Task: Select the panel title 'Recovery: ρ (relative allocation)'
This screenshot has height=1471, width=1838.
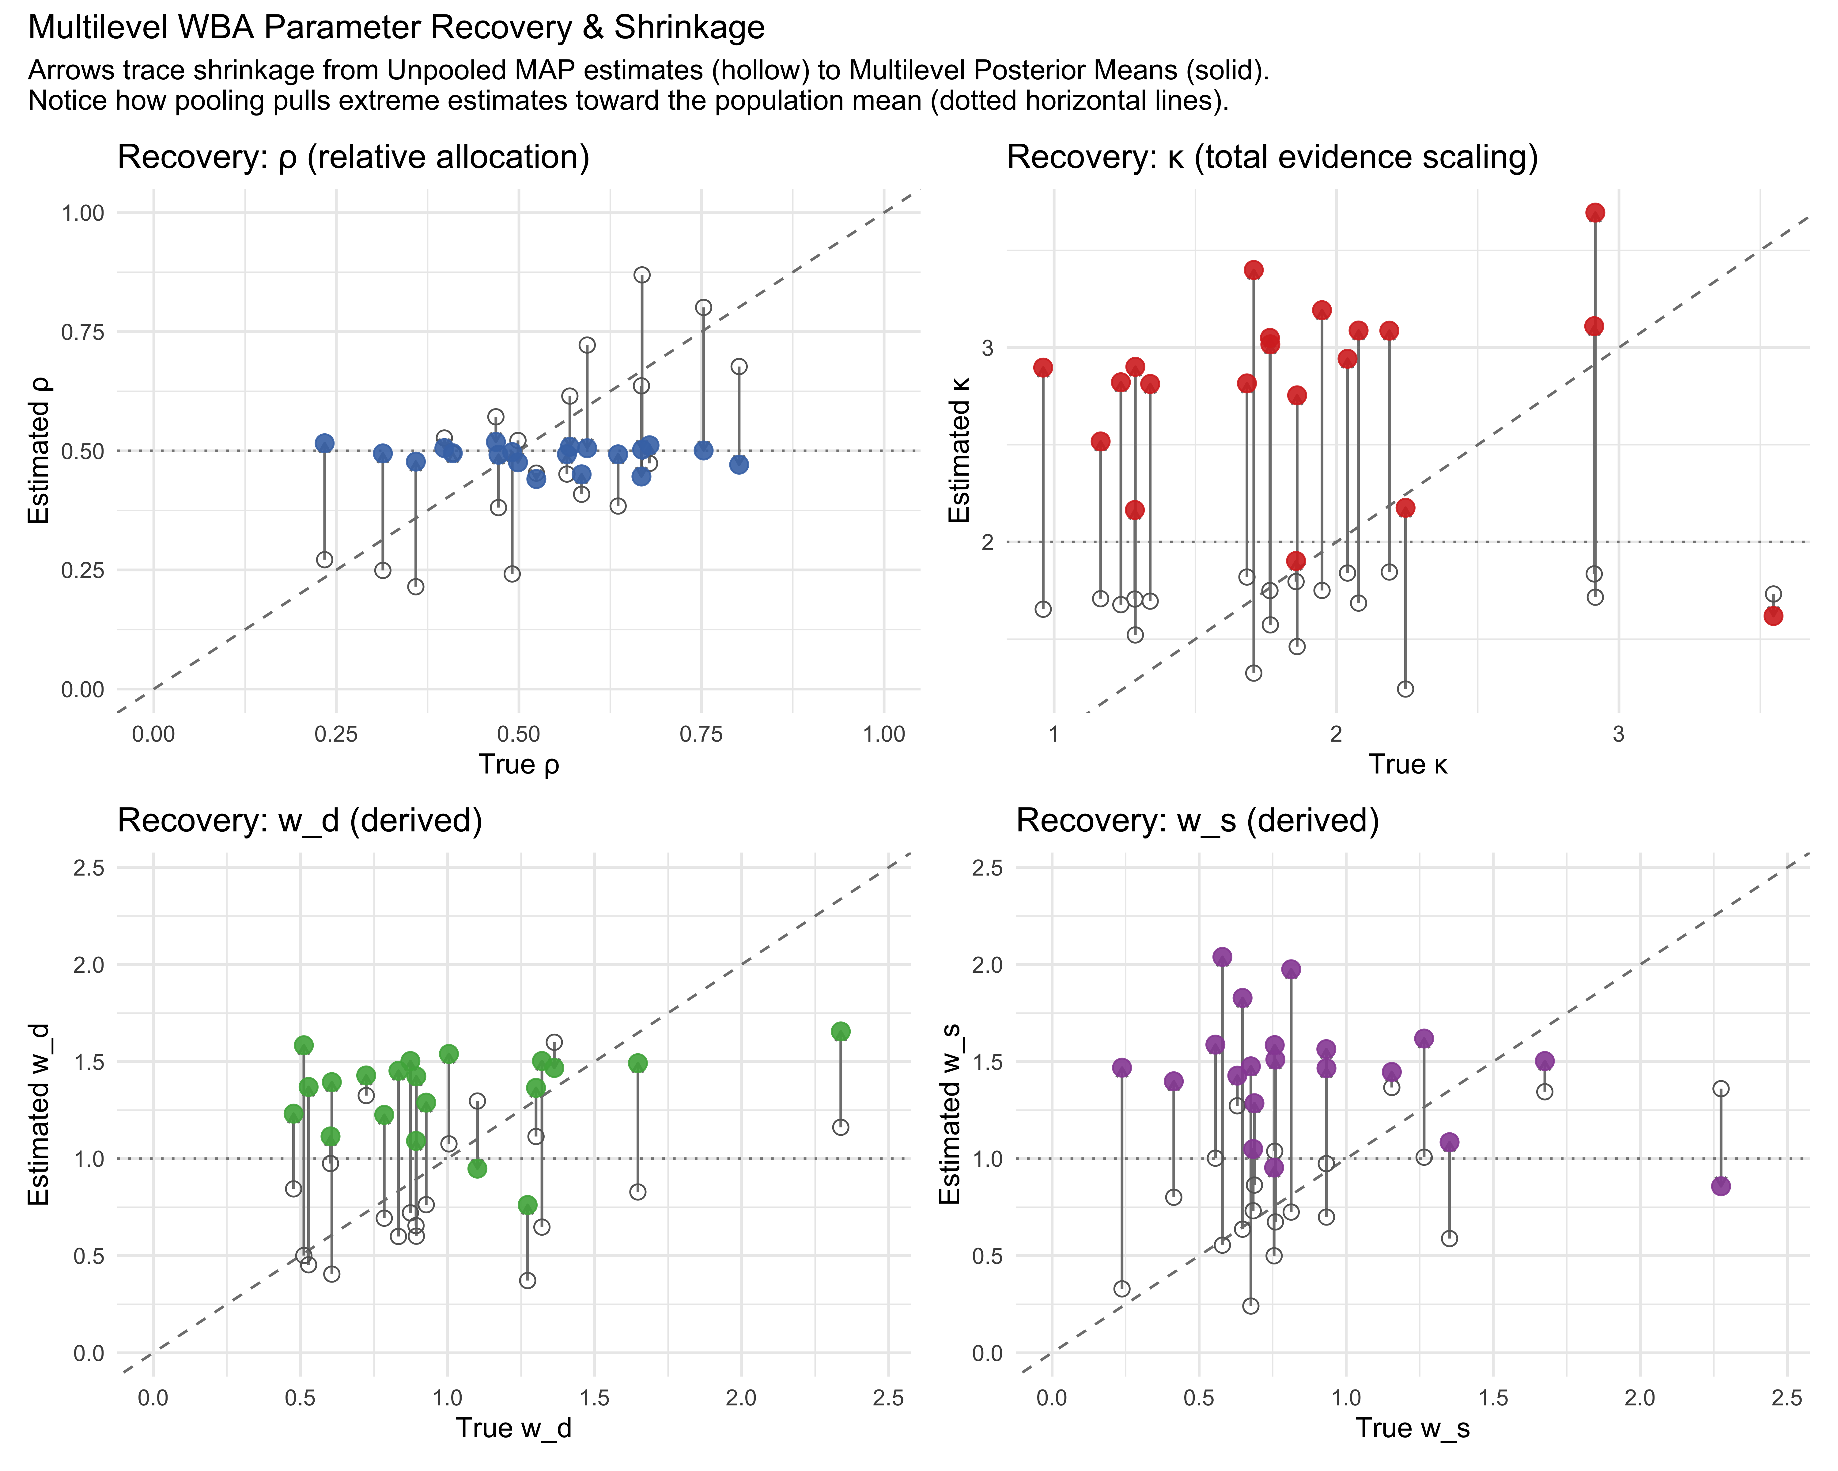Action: [x=353, y=158]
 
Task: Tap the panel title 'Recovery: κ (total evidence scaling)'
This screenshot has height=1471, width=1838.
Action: [x=1272, y=158]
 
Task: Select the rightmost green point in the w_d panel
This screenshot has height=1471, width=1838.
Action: [x=841, y=1031]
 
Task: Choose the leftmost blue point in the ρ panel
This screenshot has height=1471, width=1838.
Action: [x=324, y=443]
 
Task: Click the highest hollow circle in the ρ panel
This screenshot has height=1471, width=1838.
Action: [x=642, y=275]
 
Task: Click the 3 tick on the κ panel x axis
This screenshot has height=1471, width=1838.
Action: [x=1618, y=734]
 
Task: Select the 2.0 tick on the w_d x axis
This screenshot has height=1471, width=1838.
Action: [x=741, y=1398]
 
